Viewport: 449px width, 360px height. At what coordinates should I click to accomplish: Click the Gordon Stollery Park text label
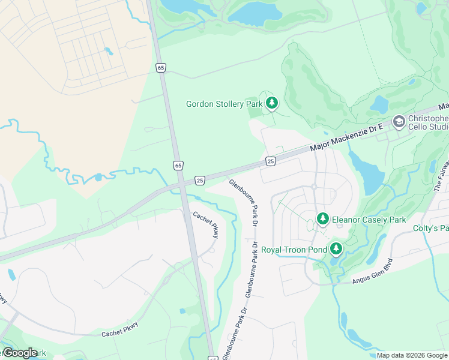pos(224,104)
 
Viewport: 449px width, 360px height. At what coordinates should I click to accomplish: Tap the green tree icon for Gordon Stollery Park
pos(272,104)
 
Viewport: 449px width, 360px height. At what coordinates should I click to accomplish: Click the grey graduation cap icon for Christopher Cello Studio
pos(398,122)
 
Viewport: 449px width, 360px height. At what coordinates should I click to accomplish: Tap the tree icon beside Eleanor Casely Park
pos(323,219)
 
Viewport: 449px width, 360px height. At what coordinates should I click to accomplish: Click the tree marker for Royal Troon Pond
pos(336,249)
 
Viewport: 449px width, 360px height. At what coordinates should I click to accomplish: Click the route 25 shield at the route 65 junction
pos(200,180)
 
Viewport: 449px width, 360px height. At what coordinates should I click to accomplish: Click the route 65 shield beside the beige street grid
pos(160,68)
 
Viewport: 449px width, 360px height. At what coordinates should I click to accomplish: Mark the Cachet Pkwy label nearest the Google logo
pos(119,329)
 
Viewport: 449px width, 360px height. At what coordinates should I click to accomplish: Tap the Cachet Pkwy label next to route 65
pos(205,225)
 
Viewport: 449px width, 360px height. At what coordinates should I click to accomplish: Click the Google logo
pos(20,353)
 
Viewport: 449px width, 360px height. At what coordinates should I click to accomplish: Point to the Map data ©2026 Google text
pos(412,355)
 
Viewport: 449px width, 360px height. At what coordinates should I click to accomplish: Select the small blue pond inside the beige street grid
pos(108,51)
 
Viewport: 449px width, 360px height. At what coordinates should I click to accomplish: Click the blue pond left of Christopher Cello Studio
pos(379,104)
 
